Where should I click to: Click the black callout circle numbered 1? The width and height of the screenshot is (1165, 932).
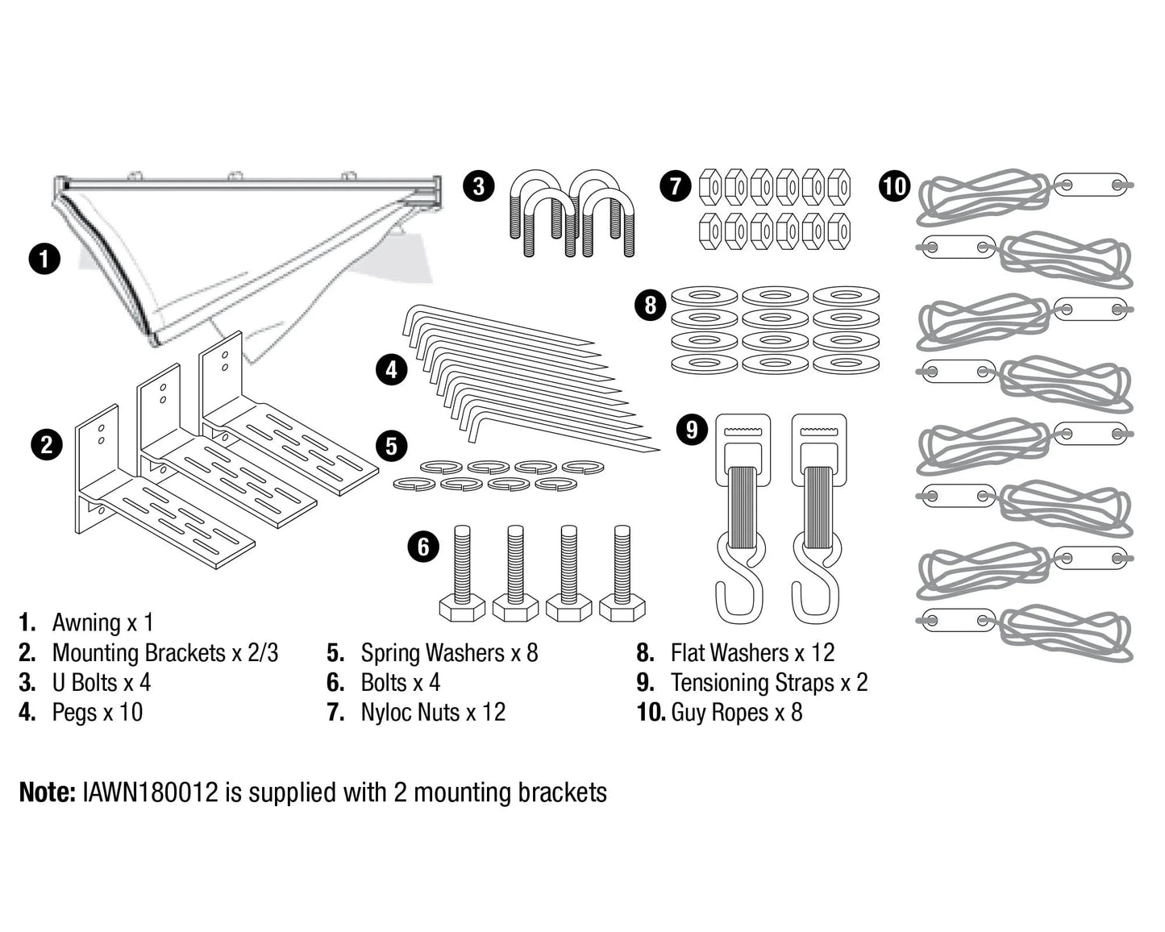coord(44,259)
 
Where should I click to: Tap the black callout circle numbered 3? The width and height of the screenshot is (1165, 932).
coord(479,186)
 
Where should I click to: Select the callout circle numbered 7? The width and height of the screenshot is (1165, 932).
coord(676,186)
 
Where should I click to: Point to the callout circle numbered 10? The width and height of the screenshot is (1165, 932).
coord(894,186)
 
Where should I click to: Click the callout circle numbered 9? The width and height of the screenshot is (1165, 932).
coord(691,429)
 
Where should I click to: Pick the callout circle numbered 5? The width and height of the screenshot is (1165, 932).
coord(392,446)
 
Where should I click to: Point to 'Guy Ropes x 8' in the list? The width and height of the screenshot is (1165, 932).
coord(736,713)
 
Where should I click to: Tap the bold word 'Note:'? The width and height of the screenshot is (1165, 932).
coord(47,792)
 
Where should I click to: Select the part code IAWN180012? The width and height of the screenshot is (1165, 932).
coord(150,792)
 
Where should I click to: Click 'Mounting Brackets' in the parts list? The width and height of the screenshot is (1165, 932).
coord(139,652)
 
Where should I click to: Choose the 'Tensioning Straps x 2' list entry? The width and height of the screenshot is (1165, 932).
coord(768,683)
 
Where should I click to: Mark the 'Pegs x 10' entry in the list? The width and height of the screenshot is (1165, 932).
coord(97,713)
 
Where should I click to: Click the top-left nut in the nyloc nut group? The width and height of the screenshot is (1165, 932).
coord(709,187)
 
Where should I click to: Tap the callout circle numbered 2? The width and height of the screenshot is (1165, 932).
coord(47,445)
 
